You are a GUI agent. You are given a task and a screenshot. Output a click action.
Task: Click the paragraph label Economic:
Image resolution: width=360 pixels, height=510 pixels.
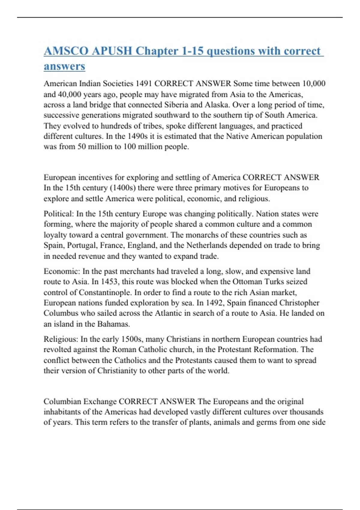(x=62, y=271)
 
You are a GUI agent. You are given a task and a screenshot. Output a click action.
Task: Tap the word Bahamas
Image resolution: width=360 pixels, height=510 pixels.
(x=113, y=324)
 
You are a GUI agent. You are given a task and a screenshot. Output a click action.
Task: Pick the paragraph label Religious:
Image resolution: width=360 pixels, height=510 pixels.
(x=61, y=339)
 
